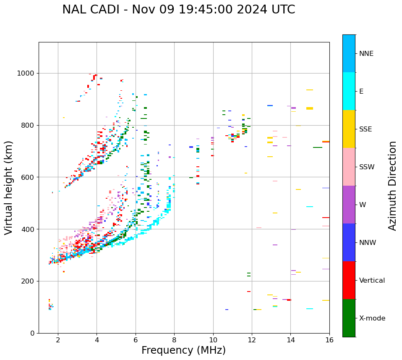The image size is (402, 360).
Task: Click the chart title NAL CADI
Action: (x=178, y=10)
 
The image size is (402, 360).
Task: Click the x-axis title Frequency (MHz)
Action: (x=183, y=350)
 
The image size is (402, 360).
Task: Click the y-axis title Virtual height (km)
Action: (x=9, y=188)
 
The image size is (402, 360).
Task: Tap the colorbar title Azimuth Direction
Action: (x=392, y=186)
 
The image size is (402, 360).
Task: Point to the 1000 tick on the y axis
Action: (x=28, y=74)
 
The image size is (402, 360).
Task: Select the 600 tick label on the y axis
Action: (x=29, y=177)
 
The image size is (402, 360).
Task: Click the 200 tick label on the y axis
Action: (x=29, y=281)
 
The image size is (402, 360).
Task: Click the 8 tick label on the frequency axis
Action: (x=174, y=340)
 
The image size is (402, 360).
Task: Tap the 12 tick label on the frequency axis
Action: (x=252, y=340)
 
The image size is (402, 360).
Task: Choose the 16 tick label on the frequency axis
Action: (x=329, y=340)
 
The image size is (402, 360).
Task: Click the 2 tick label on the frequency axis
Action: (x=58, y=340)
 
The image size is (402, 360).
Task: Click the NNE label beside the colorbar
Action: (x=366, y=54)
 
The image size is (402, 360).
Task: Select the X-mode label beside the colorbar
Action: (x=372, y=318)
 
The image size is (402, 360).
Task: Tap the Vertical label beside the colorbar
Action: (x=372, y=281)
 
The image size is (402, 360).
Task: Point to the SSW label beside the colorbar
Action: (x=367, y=167)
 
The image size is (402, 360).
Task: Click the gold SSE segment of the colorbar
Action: (x=349, y=129)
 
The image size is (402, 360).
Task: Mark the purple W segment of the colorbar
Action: (x=349, y=205)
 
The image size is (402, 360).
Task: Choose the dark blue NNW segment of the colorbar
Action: (x=349, y=242)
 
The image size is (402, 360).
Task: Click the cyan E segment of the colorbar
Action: (x=349, y=91)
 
